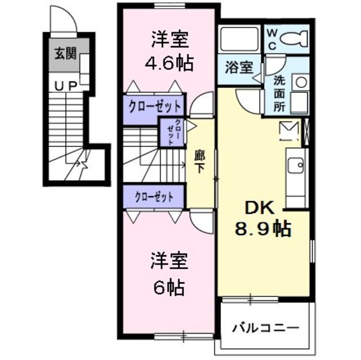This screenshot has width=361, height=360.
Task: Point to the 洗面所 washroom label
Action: [280, 93]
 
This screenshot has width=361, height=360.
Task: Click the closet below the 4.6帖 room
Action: [153, 106]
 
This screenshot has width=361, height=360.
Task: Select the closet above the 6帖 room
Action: [153, 197]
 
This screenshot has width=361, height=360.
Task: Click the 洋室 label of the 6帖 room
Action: [168, 261]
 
